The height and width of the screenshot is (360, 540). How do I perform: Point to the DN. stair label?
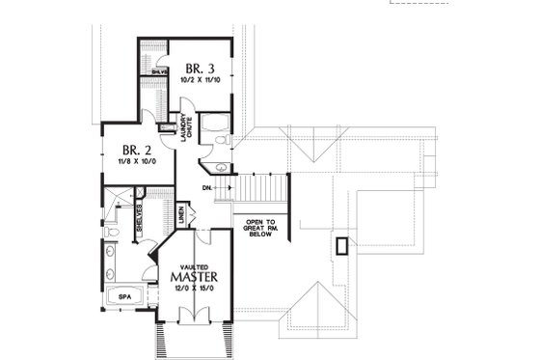tap(208, 186)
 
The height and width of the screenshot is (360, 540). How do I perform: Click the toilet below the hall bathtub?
tap(221, 142)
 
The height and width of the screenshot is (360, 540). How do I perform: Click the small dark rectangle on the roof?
tap(340, 245)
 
